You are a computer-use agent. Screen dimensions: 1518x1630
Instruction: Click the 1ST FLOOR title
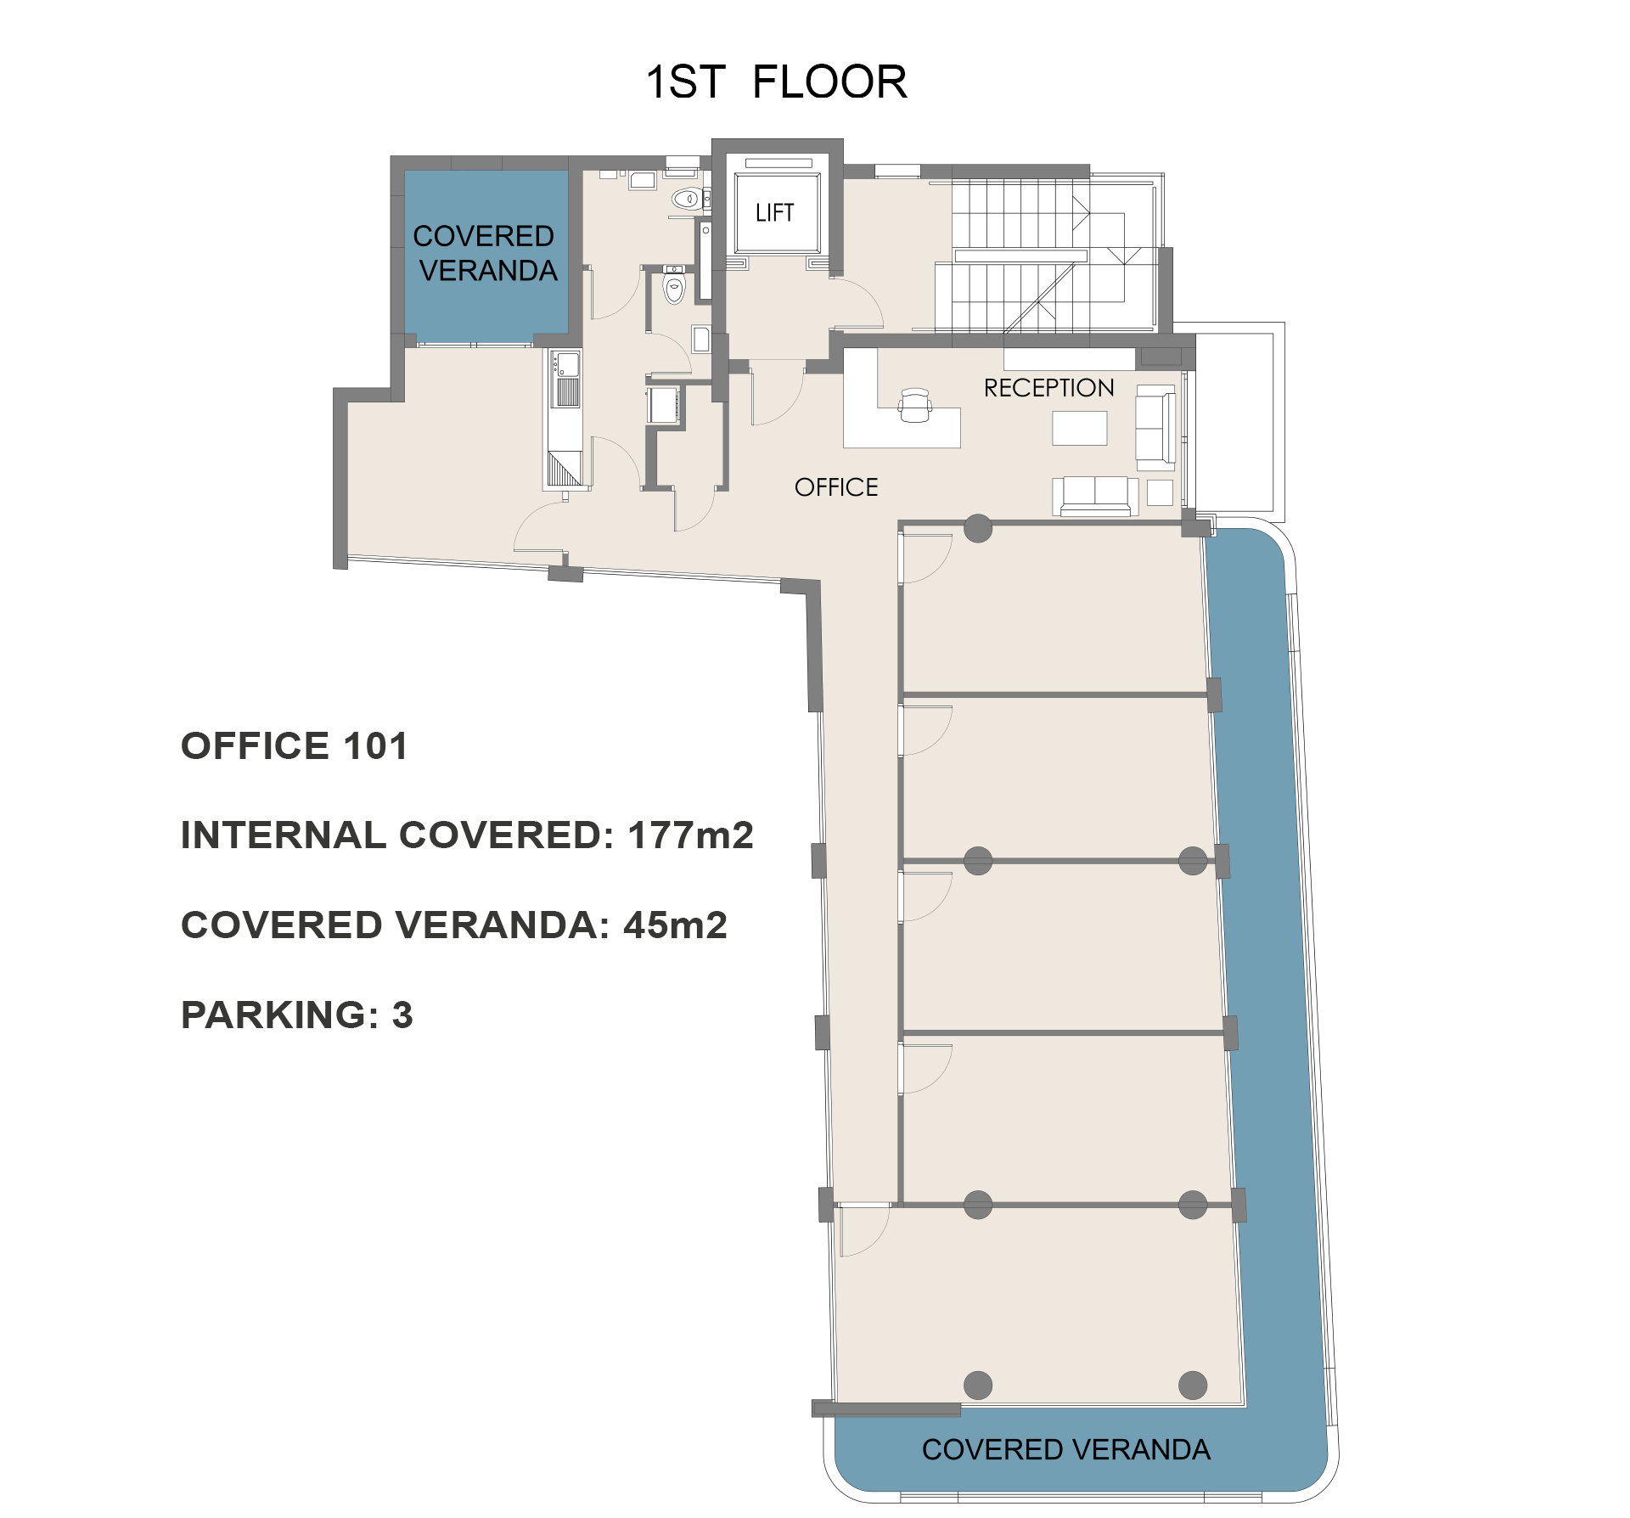pyautogui.click(x=776, y=82)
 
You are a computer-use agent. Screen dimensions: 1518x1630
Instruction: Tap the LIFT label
pyautogui.click(x=774, y=212)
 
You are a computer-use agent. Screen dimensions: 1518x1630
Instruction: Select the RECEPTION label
pyautogui.click(x=1048, y=388)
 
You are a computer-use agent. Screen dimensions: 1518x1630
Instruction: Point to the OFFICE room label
pyautogui.click(x=836, y=487)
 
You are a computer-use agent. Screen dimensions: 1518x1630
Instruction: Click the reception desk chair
pyautogui.click(x=914, y=406)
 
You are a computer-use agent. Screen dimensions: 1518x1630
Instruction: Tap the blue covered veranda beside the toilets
pyautogui.click(x=486, y=253)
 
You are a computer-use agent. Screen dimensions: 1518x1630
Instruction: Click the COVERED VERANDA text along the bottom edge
pyautogui.click(x=1065, y=1449)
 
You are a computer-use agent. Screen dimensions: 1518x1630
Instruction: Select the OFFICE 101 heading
pyautogui.click(x=295, y=746)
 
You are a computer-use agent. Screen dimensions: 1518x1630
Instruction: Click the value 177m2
pyautogui.click(x=690, y=835)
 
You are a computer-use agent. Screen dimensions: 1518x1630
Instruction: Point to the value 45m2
pyautogui.click(x=675, y=925)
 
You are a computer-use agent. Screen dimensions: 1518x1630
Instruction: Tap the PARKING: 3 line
pyautogui.click(x=296, y=1015)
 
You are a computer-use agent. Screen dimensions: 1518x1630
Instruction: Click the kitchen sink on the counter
pyautogui.click(x=566, y=366)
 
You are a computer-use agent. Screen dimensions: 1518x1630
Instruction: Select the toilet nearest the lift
pyautogui.click(x=687, y=200)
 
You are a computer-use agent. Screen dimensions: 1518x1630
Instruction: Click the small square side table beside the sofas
pyautogui.click(x=1160, y=492)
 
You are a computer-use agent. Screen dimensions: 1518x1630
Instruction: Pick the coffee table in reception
pyautogui.click(x=1079, y=428)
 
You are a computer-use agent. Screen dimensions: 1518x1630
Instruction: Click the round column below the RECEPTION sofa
pyautogui.click(x=978, y=528)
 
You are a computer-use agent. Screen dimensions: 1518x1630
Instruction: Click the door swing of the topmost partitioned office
pyautogui.click(x=927, y=558)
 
